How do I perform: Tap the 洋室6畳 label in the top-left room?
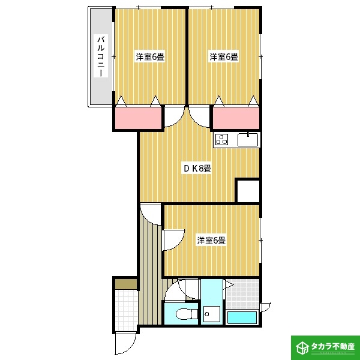pyautogui.click(x=150, y=58)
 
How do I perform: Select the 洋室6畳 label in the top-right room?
pyautogui.click(x=224, y=58)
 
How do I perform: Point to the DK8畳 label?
pyautogui.click(x=197, y=169)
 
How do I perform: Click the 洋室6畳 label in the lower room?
pyautogui.click(x=211, y=241)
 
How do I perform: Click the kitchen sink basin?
pyautogui.click(x=248, y=140)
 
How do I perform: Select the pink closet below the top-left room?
pyautogui.click(x=138, y=118)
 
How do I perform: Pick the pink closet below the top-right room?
pyautogui.click(x=236, y=118)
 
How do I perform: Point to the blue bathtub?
pyautogui.click(x=242, y=317)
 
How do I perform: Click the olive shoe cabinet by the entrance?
pyautogui.click(x=126, y=284)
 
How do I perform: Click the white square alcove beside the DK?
pyautogui.click(x=248, y=191)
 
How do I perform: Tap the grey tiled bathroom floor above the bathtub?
pyautogui.click(x=243, y=295)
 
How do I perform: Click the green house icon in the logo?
pyautogui.click(x=302, y=347)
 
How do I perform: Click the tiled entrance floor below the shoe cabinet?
pyautogui.click(x=126, y=308)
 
